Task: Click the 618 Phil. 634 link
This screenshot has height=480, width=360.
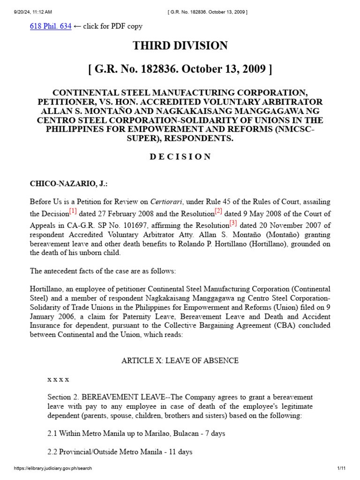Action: (x=51, y=27)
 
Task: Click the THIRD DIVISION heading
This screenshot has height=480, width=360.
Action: (x=180, y=45)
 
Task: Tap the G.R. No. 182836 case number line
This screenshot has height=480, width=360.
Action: (x=180, y=69)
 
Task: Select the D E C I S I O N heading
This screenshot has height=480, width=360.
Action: (x=180, y=157)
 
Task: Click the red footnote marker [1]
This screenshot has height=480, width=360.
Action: (x=73, y=211)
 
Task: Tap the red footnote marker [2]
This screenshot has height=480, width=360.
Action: (x=218, y=211)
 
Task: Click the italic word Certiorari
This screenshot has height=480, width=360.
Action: (x=165, y=202)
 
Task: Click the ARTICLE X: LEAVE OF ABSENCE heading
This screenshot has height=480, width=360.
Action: (x=180, y=360)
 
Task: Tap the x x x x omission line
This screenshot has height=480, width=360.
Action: (x=59, y=379)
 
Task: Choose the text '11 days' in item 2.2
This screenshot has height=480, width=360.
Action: (x=180, y=452)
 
